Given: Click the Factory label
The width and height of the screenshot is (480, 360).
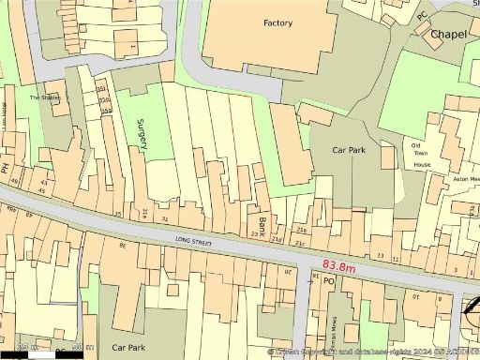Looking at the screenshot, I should click(x=277, y=23).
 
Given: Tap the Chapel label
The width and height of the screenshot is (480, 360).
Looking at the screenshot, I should click(x=448, y=35).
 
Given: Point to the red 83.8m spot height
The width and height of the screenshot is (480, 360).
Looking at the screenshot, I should click(x=338, y=266).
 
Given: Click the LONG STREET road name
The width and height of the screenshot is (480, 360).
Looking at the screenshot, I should click(x=195, y=241).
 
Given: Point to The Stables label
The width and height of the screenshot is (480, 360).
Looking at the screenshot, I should click(x=44, y=97).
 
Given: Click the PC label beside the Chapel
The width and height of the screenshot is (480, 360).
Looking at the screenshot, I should click(x=421, y=16).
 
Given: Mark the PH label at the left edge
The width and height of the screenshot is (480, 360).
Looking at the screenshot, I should click(x=5, y=170).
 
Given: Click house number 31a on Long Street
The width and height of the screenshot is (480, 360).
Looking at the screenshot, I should click(x=145, y=214).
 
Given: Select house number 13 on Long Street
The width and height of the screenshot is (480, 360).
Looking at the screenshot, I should click(x=380, y=255).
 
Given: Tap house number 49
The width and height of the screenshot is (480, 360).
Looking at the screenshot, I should click(x=41, y=191).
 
